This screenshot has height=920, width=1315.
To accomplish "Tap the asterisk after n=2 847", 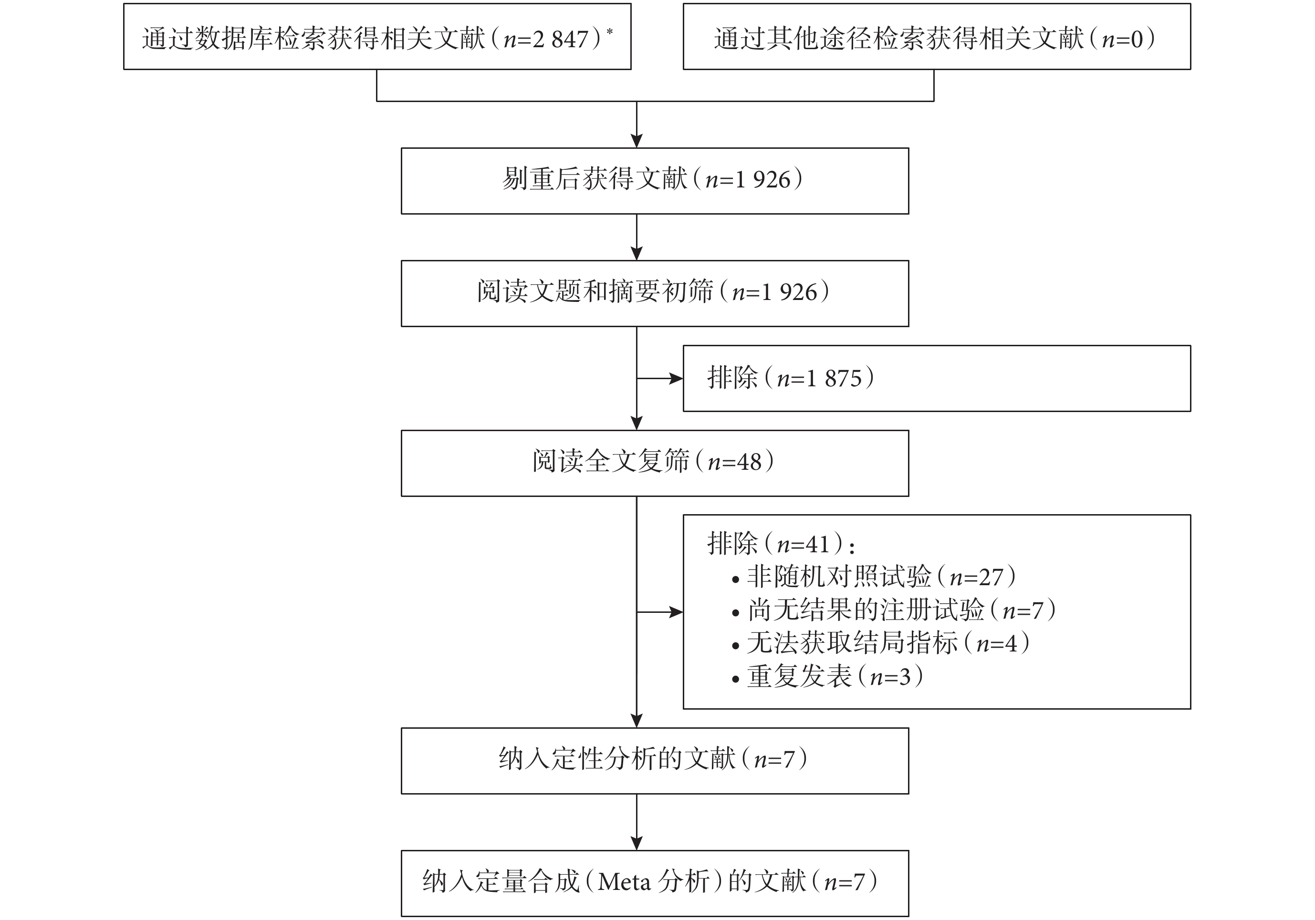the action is [609, 31].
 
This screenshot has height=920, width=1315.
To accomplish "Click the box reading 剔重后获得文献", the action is [655, 181].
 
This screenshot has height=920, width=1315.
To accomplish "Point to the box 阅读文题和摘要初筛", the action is [655, 294].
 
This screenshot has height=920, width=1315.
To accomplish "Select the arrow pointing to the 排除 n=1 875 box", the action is [660, 378].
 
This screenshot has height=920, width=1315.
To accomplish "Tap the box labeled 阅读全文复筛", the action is [655, 463].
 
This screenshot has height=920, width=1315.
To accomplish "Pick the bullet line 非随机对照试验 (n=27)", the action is [874, 577].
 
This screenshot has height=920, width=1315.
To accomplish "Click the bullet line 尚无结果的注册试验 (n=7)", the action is [894, 610].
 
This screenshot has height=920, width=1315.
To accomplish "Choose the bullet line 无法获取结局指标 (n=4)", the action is [881, 643].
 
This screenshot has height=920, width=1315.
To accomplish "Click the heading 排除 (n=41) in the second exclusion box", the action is [781, 543].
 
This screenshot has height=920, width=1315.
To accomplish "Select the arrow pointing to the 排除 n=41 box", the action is [660, 612].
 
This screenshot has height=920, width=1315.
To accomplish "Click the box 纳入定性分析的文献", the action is [655, 761].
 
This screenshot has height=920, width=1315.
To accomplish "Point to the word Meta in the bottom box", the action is [624, 882].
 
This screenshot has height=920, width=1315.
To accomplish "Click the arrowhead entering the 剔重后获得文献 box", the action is [637, 141].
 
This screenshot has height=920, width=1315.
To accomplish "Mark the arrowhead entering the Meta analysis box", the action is [637, 843].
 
